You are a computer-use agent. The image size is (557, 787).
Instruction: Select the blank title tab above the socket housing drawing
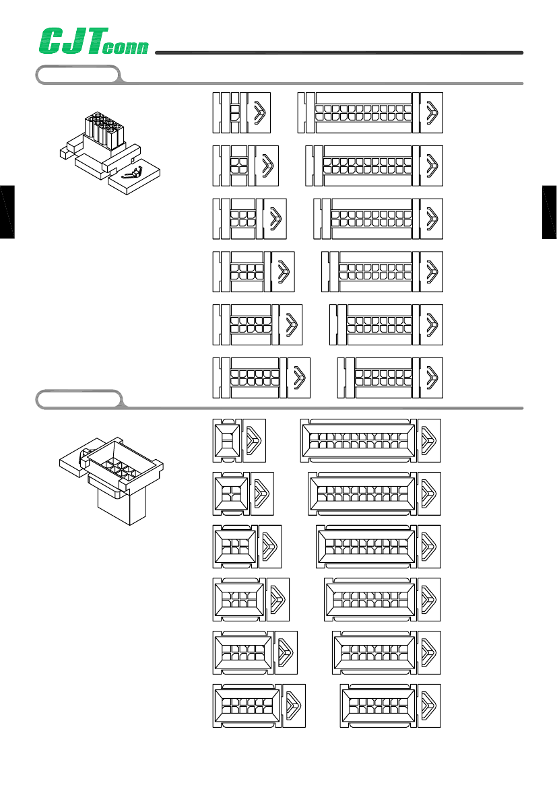(78, 399)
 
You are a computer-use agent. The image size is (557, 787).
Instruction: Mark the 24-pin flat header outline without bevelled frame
(370, 112)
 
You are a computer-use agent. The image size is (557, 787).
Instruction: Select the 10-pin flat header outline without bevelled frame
(257, 324)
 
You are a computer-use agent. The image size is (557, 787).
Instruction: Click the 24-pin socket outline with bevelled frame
(370, 440)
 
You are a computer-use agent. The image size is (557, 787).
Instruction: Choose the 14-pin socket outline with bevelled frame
(391, 705)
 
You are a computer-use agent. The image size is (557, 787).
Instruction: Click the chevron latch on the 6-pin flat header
(274, 218)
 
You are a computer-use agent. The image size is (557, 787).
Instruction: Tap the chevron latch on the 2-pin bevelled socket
(255, 440)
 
